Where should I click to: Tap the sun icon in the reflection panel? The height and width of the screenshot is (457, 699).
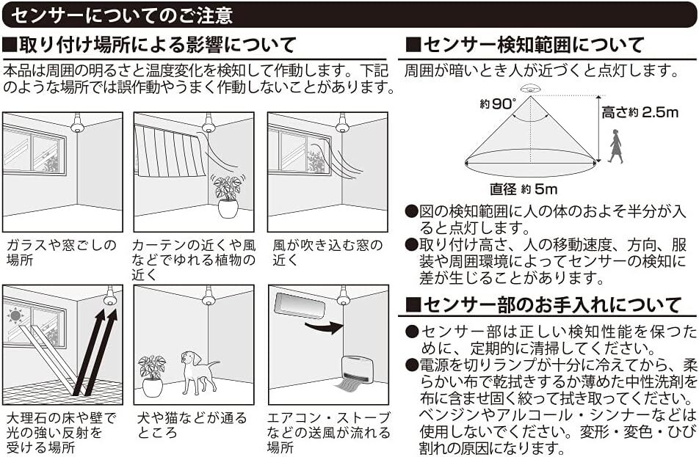point(14,316)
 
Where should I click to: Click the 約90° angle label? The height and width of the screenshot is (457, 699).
point(499,104)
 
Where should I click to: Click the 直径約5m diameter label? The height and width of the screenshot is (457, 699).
point(524,189)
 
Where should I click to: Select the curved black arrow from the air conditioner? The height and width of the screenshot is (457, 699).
point(324,326)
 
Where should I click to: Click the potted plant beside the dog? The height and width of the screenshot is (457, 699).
point(152,374)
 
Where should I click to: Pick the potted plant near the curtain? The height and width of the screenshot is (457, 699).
point(228,195)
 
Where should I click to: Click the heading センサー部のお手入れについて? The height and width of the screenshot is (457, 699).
point(543,304)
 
